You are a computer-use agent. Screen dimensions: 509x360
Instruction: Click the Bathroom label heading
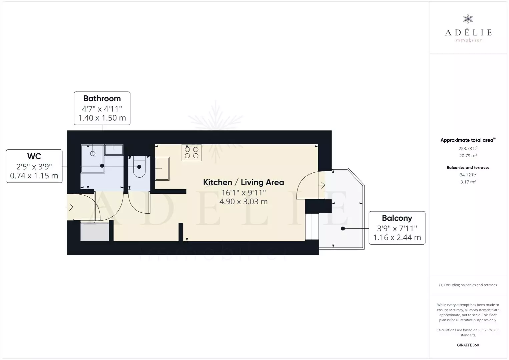102,99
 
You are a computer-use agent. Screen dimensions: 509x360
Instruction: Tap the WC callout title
34,156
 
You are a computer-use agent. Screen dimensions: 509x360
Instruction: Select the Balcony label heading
397,218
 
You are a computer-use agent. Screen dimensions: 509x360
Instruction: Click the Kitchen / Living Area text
243,182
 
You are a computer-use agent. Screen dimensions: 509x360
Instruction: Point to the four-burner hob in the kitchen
191,153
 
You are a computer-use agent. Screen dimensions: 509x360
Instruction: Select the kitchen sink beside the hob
162,169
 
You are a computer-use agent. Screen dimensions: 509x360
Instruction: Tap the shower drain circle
93,154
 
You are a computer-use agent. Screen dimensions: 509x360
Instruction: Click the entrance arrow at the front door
70,207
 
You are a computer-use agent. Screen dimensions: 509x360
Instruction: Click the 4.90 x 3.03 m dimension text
243,201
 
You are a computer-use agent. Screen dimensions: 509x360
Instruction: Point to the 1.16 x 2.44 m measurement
397,237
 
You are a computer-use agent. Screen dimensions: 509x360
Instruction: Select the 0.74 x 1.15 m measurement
34,176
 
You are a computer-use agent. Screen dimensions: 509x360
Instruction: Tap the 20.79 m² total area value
468,156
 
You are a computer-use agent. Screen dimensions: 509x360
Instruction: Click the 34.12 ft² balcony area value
468,175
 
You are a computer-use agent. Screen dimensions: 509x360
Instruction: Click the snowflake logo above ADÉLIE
468,19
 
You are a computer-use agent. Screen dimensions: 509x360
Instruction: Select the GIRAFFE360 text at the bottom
468,345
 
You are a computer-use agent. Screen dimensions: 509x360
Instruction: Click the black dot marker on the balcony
343,228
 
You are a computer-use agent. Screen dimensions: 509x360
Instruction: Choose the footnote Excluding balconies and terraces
468,285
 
